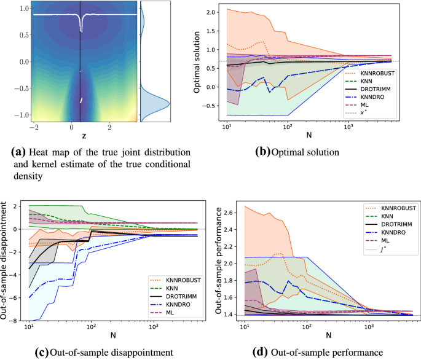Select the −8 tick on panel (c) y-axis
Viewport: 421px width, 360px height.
[15, 319]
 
